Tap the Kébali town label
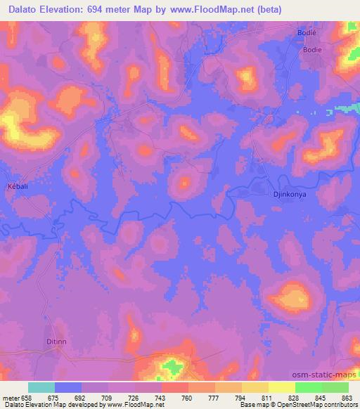click(x=18, y=186)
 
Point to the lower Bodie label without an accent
click(x=312, y=50)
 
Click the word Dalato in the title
click(x=25, y=9)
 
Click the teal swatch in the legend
click(x=41, y=387)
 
